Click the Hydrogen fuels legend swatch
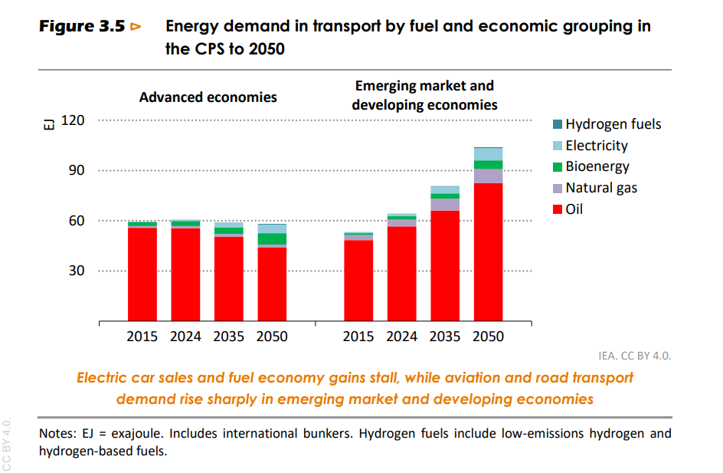click(x=557, y=124)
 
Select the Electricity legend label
click(x=596, y=146)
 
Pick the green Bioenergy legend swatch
click(x=557, y=166)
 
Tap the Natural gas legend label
click(x=600, y=188)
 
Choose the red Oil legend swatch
click(x=557, y=209)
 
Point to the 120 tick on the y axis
click(x=74, y=120)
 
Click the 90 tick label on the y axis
click(x=77, y=170)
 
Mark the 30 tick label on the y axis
click(x=77, y=271)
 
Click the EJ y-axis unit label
click(x=47, y=124)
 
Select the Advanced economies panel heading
click(x=208, y=97)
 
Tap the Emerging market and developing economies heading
click(x=424, y=95)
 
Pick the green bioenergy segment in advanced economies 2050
click(x=272, y=238)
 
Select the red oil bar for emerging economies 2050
click(x=489, y=253)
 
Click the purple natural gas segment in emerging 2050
click(x=489, y=176)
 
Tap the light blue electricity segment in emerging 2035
click(x=445, y=189)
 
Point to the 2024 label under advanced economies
click(x=185, y=337)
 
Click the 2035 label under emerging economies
click(x=445, y=337)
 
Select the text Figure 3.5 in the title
click(x=83, y=26)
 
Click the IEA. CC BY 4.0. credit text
click(x=635, y=356)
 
